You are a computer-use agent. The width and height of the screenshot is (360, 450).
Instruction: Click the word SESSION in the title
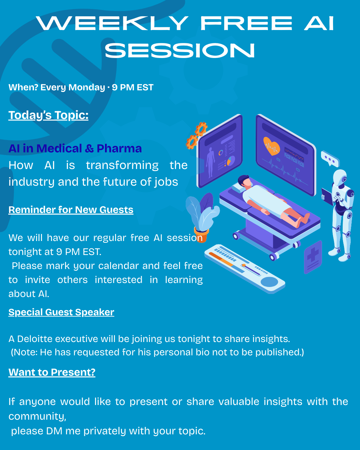(x=180, y=50)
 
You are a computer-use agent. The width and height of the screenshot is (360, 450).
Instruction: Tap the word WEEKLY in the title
(x=112, y=23)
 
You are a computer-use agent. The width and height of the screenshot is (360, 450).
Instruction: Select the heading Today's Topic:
(x=48, y=115)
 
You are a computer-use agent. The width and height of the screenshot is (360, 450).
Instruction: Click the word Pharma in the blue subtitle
(x=119, y=148)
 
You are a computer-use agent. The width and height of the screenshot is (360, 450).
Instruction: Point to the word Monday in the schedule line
(x=87, y=87)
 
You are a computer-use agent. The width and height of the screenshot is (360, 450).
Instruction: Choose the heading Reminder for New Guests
(x=71, y=210)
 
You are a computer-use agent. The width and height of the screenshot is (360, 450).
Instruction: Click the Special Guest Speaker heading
(x=61, y=312)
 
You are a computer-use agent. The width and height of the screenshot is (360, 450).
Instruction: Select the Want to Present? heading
(x=52, y=372)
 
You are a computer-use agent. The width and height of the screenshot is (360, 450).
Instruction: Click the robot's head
(x=340, y=177)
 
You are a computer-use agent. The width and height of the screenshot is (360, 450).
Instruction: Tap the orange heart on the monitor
(x=271, y=146)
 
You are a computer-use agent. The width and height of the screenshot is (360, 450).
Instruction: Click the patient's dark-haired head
(x=244, y=180)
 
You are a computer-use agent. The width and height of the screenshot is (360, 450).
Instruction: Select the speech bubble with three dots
(x=330, y=159)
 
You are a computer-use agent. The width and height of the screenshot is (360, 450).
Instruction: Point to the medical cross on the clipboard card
(x=313, y=254)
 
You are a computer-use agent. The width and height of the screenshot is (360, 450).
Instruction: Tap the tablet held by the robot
(x=327, y=196)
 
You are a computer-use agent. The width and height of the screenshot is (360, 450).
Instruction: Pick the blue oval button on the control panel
(x=269, y=282)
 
